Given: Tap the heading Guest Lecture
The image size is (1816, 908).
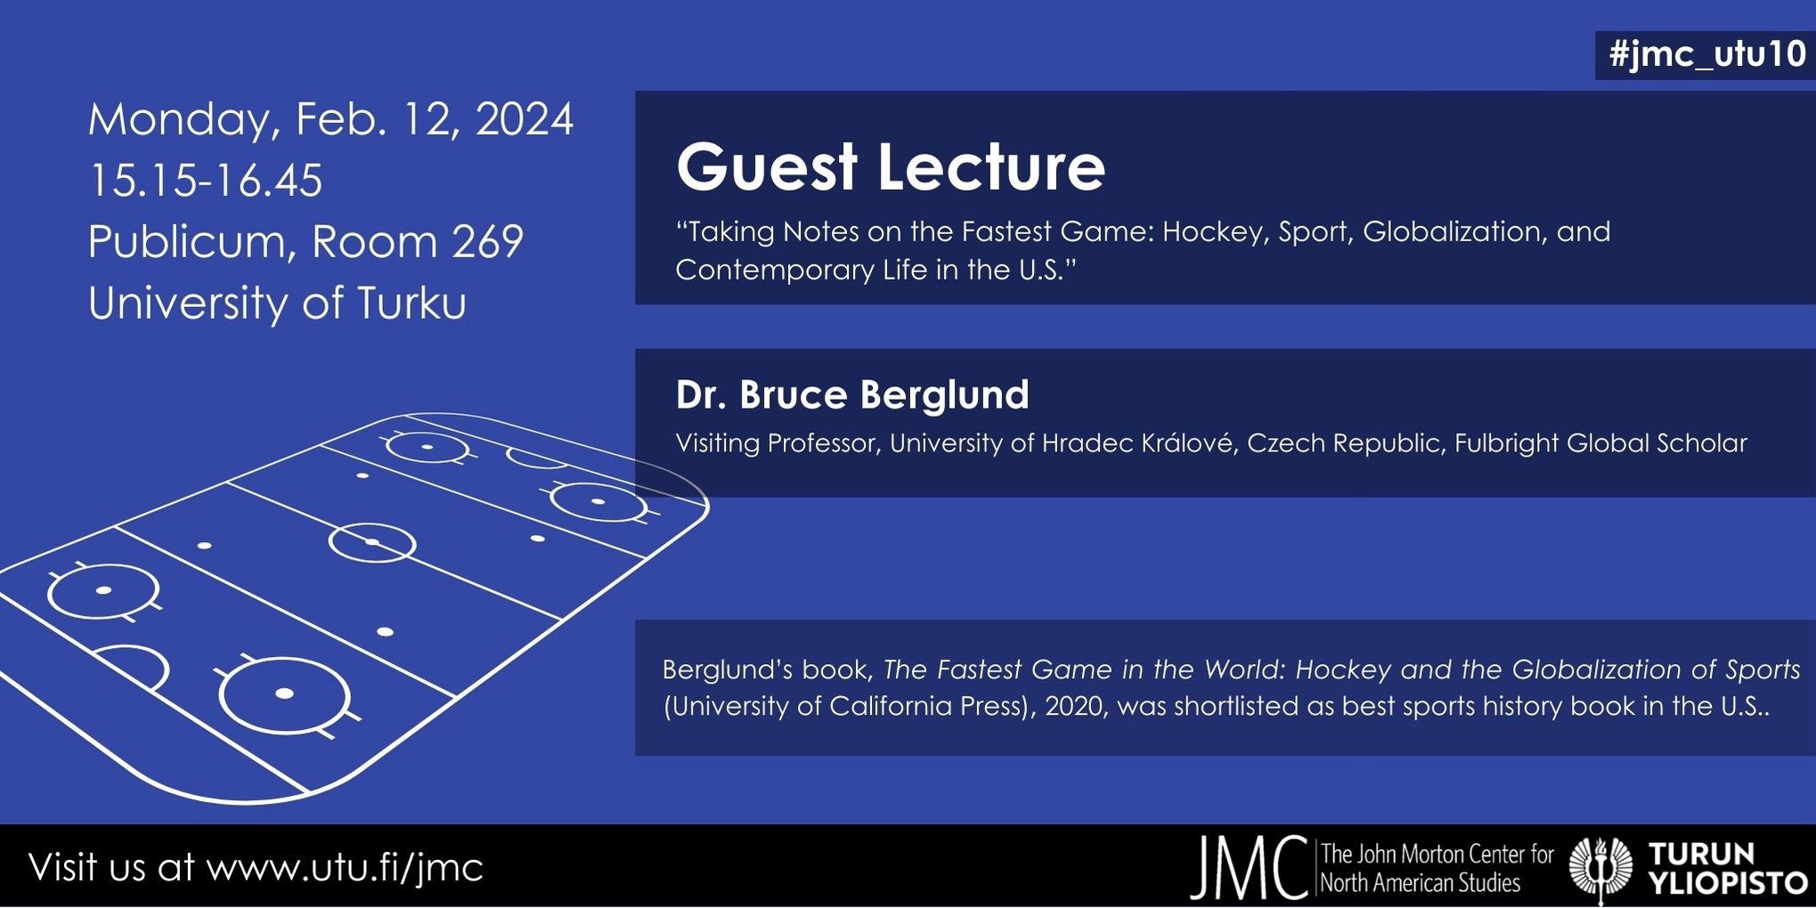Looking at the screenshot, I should coord(890,167).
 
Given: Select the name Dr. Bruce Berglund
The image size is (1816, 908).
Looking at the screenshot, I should coord(851,395).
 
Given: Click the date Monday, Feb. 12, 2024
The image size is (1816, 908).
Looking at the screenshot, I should coord(330,119).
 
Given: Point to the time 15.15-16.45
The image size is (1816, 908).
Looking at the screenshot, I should coord(205,181).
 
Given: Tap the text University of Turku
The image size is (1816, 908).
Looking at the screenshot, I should coord(277,303).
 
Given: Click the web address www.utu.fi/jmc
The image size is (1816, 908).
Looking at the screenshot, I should coord(344,867).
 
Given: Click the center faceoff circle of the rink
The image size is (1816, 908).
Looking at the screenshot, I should coord(372,542).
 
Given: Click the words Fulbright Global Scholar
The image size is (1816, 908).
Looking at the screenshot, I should coord(1600,443).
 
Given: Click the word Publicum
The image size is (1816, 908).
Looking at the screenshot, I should coord(187,241).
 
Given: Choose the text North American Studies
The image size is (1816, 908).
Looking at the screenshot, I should coord(1420,883).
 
